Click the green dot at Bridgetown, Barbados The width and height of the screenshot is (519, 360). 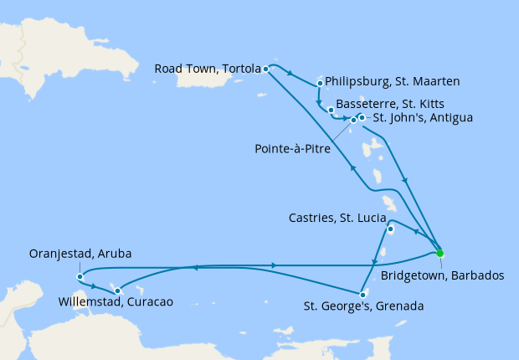point(439,253)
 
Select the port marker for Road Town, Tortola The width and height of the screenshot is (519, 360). point(265,69)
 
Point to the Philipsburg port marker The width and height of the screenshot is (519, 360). point(321,83)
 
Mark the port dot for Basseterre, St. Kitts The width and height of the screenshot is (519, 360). point(331,110)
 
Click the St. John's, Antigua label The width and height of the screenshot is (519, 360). point(422,118)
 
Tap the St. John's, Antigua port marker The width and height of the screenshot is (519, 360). point(362,117)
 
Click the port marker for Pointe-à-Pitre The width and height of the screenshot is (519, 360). point(353,121)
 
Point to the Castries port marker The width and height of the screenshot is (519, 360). point(390,229)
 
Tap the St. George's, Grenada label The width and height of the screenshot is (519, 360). point(363,306)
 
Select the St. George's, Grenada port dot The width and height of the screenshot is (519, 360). point(361,294)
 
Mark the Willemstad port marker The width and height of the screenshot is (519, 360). point(117,291)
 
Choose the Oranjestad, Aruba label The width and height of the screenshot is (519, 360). point(80,254)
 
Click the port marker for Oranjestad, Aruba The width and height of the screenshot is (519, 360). point(79,276)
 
